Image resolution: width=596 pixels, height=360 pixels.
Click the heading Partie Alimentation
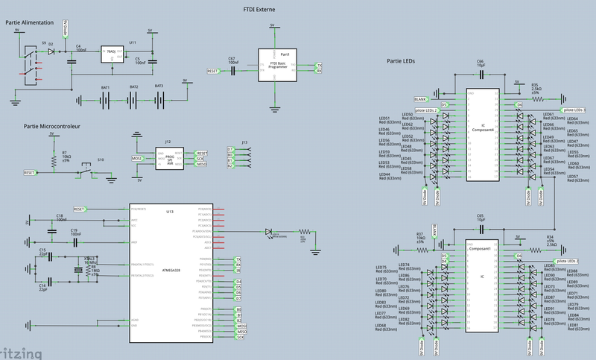[x=28, y=23]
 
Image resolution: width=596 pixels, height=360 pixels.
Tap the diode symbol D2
[x=51, y=53]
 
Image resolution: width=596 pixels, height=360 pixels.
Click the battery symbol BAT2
[x=134, y=99]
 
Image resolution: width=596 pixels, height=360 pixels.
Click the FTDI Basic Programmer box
[x=277, y=66]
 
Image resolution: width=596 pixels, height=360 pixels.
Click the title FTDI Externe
[x=262, y=8]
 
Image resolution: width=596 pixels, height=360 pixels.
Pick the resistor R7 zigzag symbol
[x=53, y=158]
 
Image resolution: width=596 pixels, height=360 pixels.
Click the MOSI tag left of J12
[x=137, y=158]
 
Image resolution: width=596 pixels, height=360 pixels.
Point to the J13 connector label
[x=244, y=142]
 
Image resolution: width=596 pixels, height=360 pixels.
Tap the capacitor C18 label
[x=60, y=215]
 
